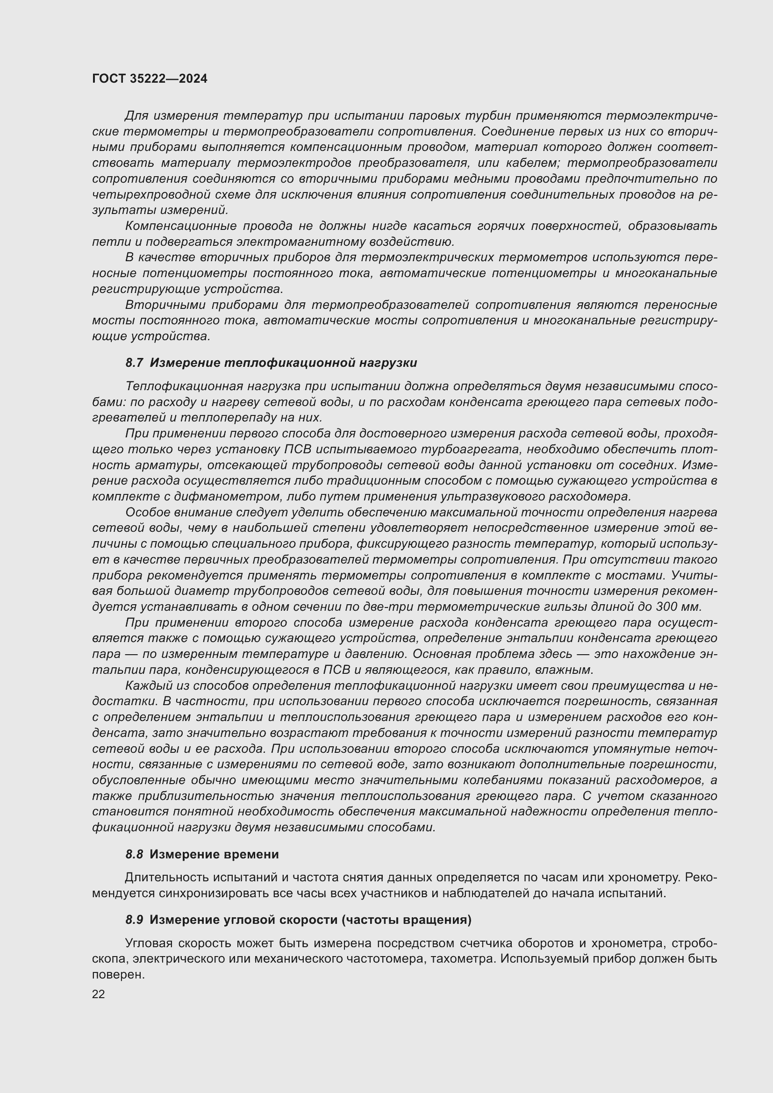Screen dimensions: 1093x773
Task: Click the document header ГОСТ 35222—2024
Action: pos(150,79)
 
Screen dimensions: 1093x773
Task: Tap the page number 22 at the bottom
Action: pos(98,994)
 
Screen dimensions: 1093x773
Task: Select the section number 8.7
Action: pos(134,363)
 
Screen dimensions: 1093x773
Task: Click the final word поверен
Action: pos(118,974)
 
